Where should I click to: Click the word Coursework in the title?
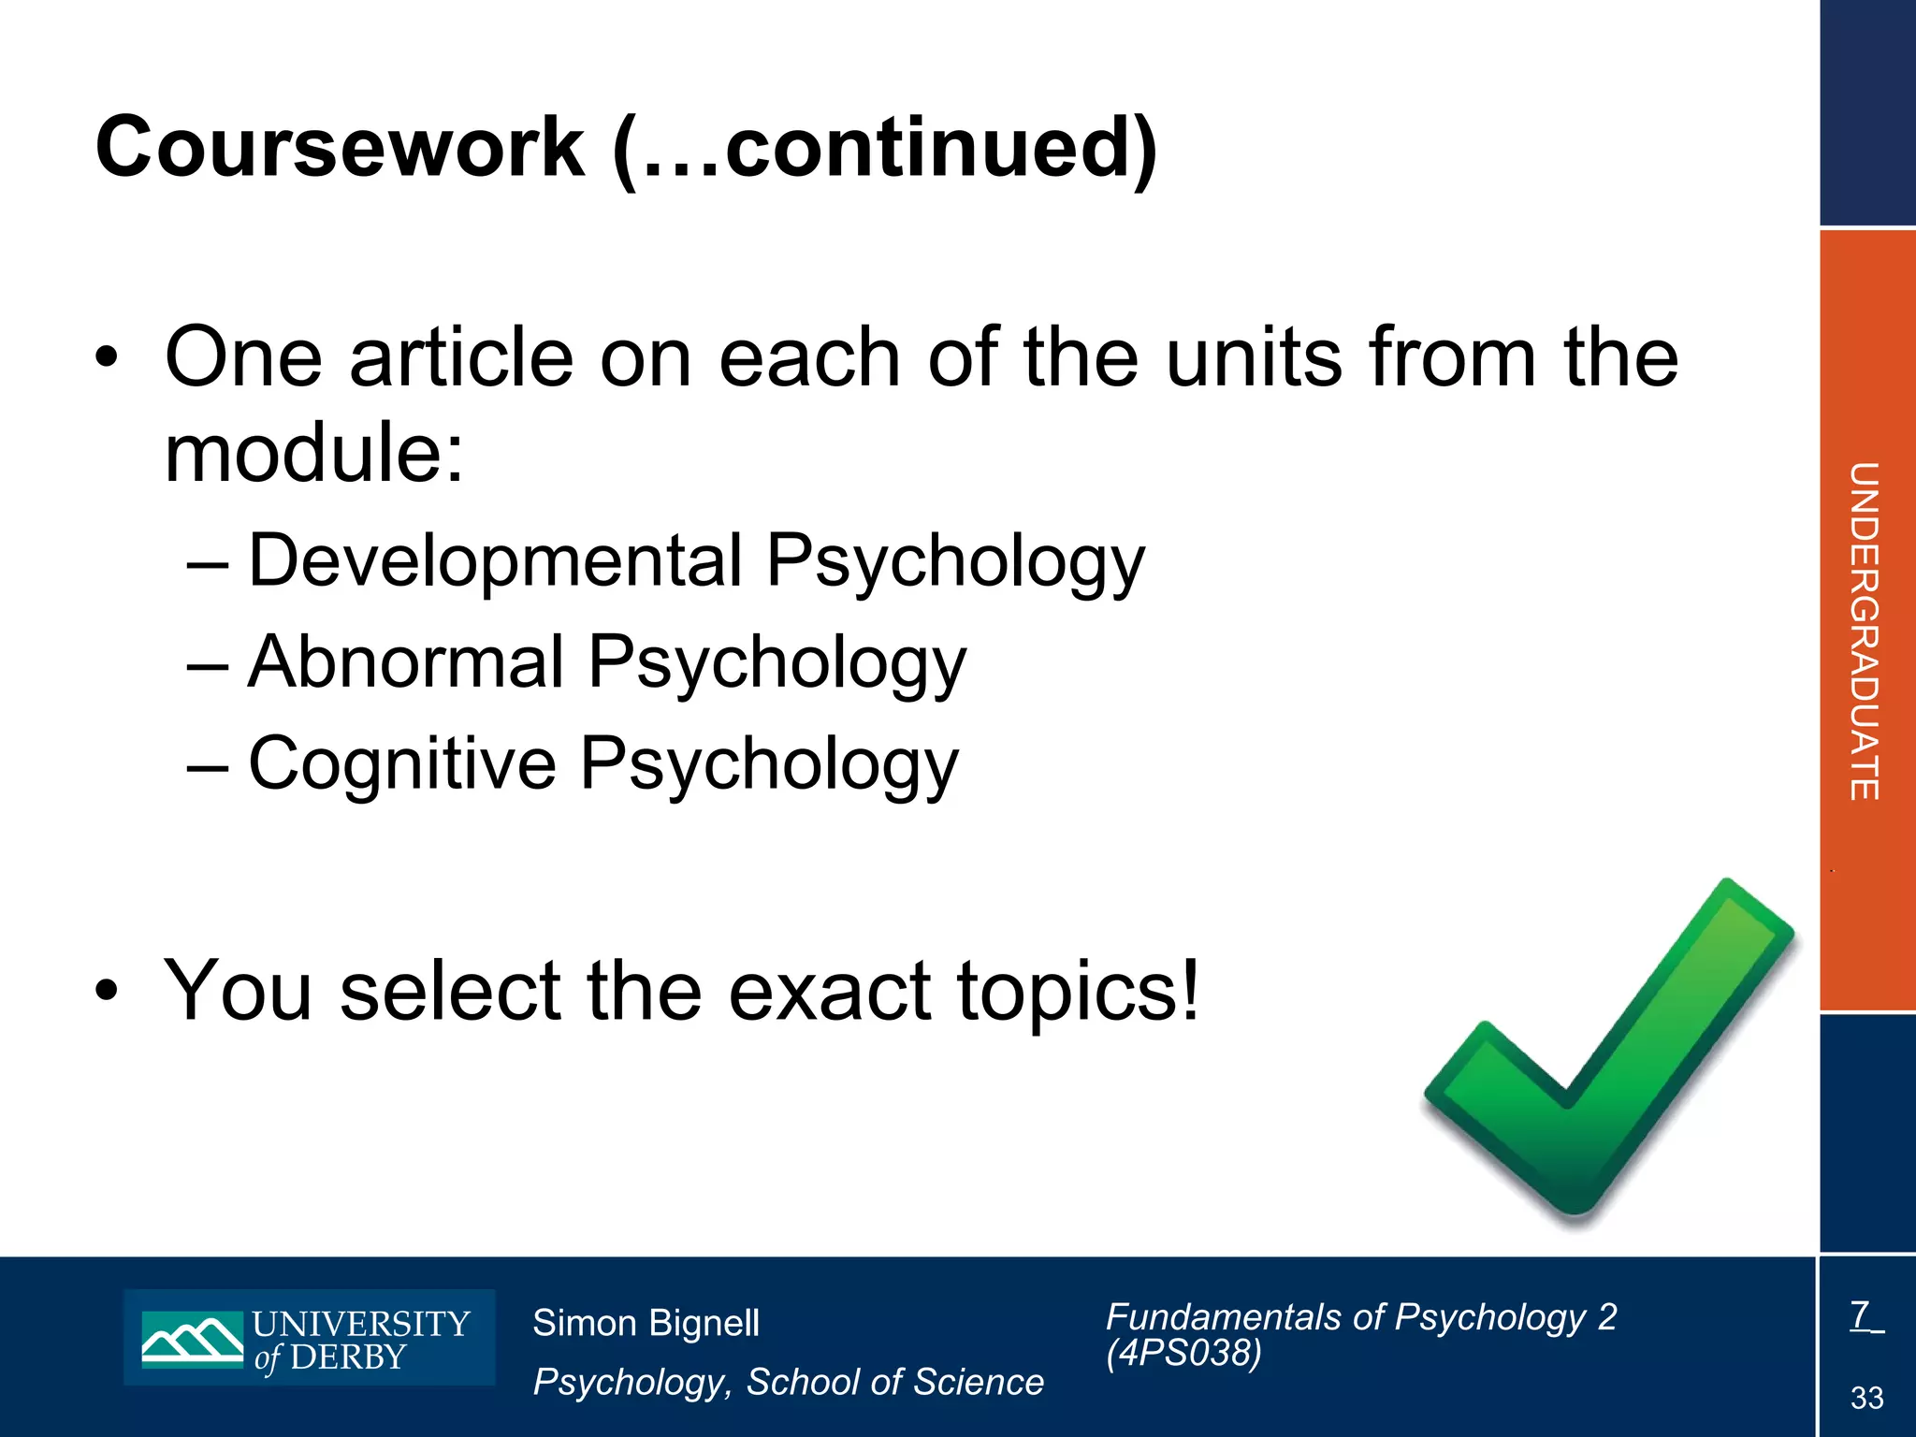tap(340, 148)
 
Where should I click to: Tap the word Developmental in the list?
tap(495, 561)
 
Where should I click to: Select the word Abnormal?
tap(406, 662)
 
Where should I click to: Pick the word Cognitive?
tap(402, 763)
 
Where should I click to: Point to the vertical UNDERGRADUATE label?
tap(1865, 631)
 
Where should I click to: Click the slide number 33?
tap(1866, 1398)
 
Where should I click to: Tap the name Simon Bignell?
tap(646, 1323)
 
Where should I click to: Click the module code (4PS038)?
tap(1183, 1353)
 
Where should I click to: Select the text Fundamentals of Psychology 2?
tap(1361, 1317)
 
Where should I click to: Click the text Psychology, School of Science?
tap(788, 1382)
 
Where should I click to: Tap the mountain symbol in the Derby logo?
tap(193, 1339)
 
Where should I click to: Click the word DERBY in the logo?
tap(348, 1357)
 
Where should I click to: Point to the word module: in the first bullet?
tap(314, 454)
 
